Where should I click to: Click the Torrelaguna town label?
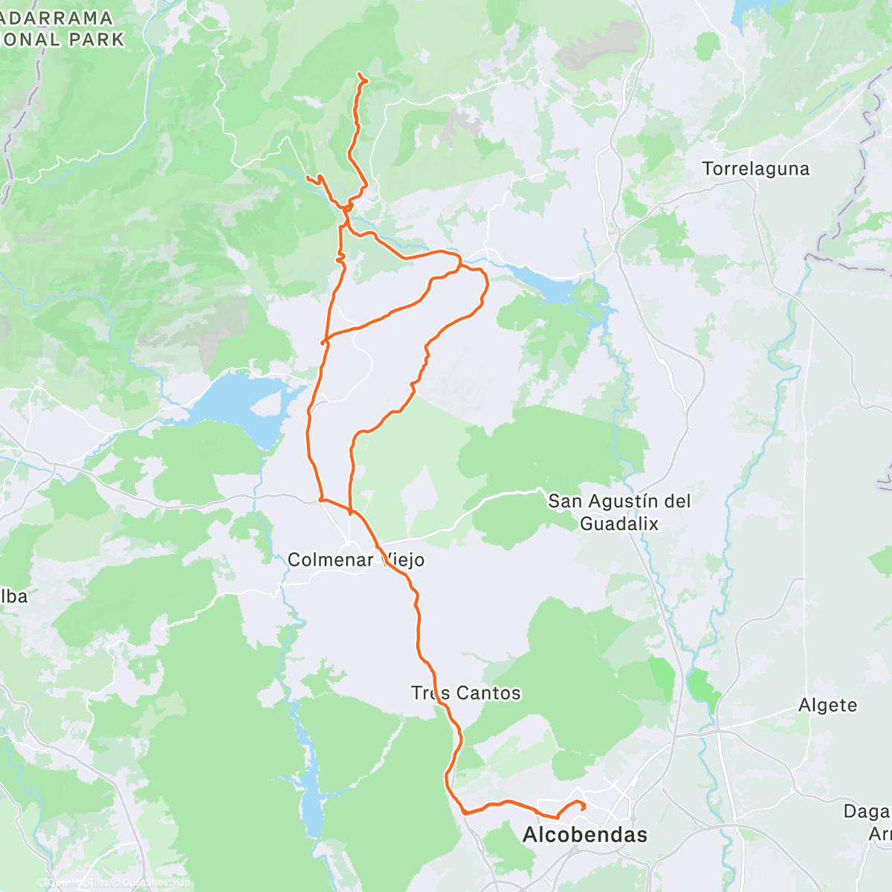point(755,169)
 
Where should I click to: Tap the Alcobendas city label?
point(584,835)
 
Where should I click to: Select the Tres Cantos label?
point(466,694)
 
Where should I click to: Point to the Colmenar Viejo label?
point(355,560)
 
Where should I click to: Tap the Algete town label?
point(827,705)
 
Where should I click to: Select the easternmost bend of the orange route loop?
point(488,283)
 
